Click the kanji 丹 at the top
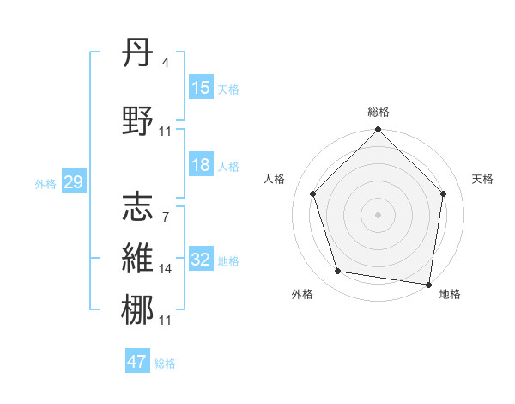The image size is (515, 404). point(138,54)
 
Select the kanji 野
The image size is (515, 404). point(138,120)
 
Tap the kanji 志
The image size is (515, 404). point(138,206)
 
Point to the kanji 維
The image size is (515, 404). point(138,259)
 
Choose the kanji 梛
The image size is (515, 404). point(138,310)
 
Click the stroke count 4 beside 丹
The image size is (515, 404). point(165,62)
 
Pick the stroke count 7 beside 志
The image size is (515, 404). point(165,217)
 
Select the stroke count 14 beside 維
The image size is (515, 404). point(166,269)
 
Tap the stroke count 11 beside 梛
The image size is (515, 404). point(166,321)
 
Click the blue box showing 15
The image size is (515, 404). point(201,88)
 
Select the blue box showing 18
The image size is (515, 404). point(201,165)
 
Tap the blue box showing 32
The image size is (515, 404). point(201,260)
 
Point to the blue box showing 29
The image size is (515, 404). point(73,182)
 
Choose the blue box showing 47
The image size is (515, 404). point(137,362)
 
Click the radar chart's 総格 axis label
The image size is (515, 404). point(379,112)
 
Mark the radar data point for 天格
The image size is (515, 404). point(444,193)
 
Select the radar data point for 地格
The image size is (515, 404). point(429,284)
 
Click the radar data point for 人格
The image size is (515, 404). point(312,193)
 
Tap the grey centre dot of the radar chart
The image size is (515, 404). point(379,214)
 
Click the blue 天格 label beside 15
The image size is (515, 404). point(227,89)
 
